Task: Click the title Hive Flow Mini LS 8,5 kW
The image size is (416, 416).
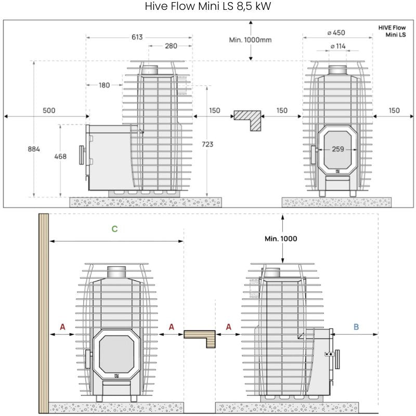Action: pyautogui.click(x=208, y=7)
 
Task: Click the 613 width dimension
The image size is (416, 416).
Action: pyautogui.click(x=137, y=37)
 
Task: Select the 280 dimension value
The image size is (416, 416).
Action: pyautogui.click(x=171, y=46)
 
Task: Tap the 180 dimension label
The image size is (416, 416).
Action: pyautogui.click(x=103, y=85)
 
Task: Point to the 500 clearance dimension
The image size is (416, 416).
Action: pyautogui.click(x=49, y=110)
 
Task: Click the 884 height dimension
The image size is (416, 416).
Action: pyautogui.click(x=34, y=149)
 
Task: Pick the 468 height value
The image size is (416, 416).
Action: pyautogui.click(x=60, y=157)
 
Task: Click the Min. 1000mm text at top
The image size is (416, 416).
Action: pyautogui.click(x=250, y=40)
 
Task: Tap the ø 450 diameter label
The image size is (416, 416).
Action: pyautogui.click(x=337, y=33)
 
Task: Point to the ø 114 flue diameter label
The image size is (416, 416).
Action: pyautogui.click(x=337, y=46)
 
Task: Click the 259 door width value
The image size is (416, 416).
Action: pyautogui.click(x=338, y=149)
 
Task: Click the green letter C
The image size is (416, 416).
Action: pyautogui.click(x=114, y=228)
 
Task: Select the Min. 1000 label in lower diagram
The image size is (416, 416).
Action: pyautogui.click(x=281, y=239)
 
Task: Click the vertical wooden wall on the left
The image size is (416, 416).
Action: pyautogui.click(x=44, y=312)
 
